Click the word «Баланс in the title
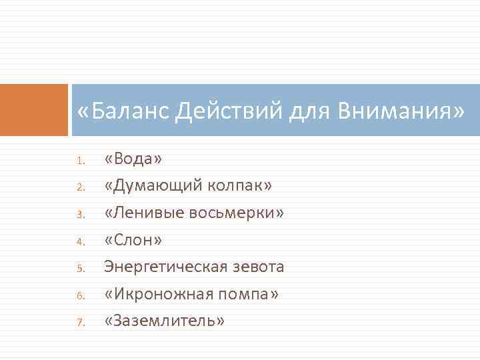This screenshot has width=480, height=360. click(x=123, y=111)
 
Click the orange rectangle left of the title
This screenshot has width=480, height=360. click(x=34, y=110)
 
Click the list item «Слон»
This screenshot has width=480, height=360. click(x=133, y=240)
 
